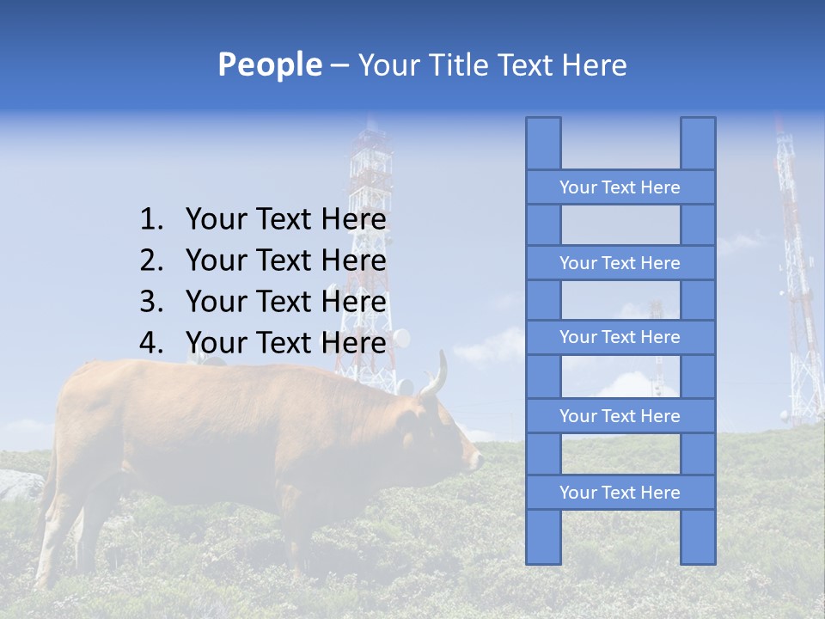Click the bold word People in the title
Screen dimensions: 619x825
269,64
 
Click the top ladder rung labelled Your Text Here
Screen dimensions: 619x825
620,187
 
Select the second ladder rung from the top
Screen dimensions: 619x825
620,263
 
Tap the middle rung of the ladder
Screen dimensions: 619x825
620,337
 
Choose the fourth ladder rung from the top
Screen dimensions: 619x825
620,416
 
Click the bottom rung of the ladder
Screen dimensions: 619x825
620,493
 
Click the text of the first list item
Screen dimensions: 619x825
285,220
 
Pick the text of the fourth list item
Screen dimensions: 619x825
285,343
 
